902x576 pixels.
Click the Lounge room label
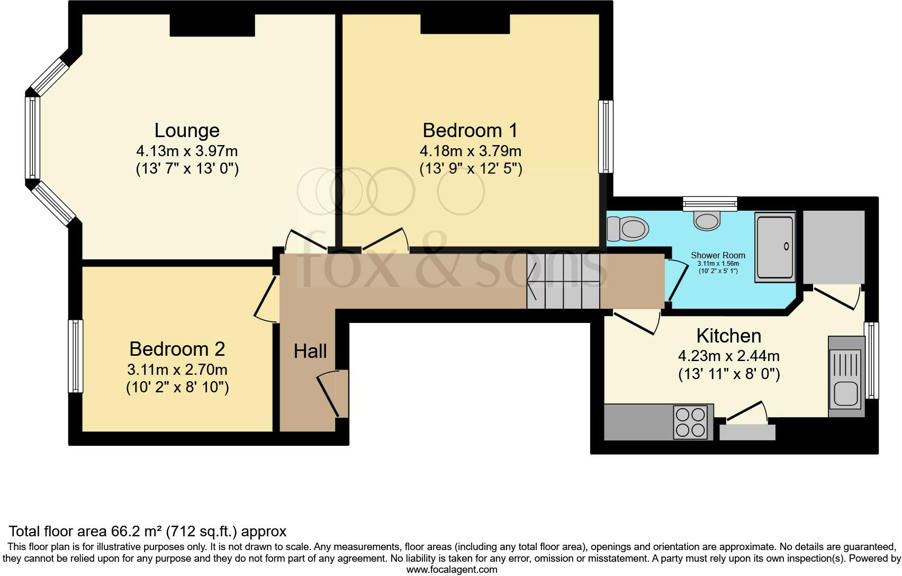click(187, 131)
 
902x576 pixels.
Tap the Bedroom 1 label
click(470, 131)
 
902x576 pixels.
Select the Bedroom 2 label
click(177, 349)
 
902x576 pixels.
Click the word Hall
click(310, 351)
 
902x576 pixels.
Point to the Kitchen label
click(729, 336)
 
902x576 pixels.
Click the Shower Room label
click(718, 255)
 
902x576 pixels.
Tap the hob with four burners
click(691, 422)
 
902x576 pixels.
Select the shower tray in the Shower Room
click(775, 247)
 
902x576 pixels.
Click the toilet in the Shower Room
click(628, 229)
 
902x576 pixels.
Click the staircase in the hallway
click(563, 281)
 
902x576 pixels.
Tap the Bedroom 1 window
click(606, 137)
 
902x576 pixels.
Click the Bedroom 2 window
click(75, 356)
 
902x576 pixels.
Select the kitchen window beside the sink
click(871, 361)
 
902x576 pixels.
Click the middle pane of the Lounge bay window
click(33, 137)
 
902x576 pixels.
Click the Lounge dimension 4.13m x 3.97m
click(187, 151)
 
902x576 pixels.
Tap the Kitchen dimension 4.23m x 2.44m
click(729, 356)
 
